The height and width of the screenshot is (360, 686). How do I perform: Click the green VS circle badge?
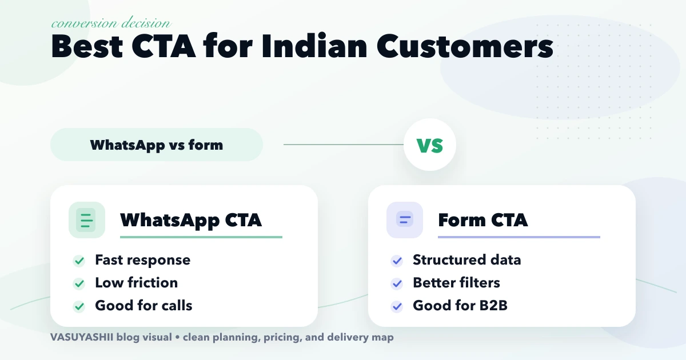click(x=430, y=145)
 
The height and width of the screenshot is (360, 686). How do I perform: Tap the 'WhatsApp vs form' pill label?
click(x=156, y=145)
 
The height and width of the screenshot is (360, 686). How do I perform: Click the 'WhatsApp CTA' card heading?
click(x=191, y=220)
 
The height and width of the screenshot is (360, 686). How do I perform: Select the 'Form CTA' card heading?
click(x=482, y=220)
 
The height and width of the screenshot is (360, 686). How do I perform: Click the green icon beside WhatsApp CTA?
click(x=86, y=220)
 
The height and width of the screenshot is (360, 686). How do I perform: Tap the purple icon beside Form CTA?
click(x=404, y=220)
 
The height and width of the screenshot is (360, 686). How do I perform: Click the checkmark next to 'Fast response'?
click(x=79, y=261)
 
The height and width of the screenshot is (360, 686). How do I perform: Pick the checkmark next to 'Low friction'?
click(x=79, y=283)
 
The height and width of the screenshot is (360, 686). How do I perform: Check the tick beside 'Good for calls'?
click(x=79, y=306)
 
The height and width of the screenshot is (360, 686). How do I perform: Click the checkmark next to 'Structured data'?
click(x=397, y=261)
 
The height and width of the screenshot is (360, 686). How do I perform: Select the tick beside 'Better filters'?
click(x=397, y=283)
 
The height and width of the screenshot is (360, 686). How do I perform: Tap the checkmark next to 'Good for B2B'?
click(x=397, y=306)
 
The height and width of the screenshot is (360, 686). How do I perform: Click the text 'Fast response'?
click(x=142, y=260)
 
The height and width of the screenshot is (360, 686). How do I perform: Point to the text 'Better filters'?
click(x=456, y=283)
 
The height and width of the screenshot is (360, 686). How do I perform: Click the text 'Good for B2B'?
click(x=460, y=306)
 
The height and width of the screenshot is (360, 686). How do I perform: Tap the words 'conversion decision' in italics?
click(x=110, y=23)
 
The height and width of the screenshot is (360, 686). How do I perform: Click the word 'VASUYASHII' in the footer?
click(x=81, y=337)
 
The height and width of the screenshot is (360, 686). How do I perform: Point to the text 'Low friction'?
click(x=136, y=283)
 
